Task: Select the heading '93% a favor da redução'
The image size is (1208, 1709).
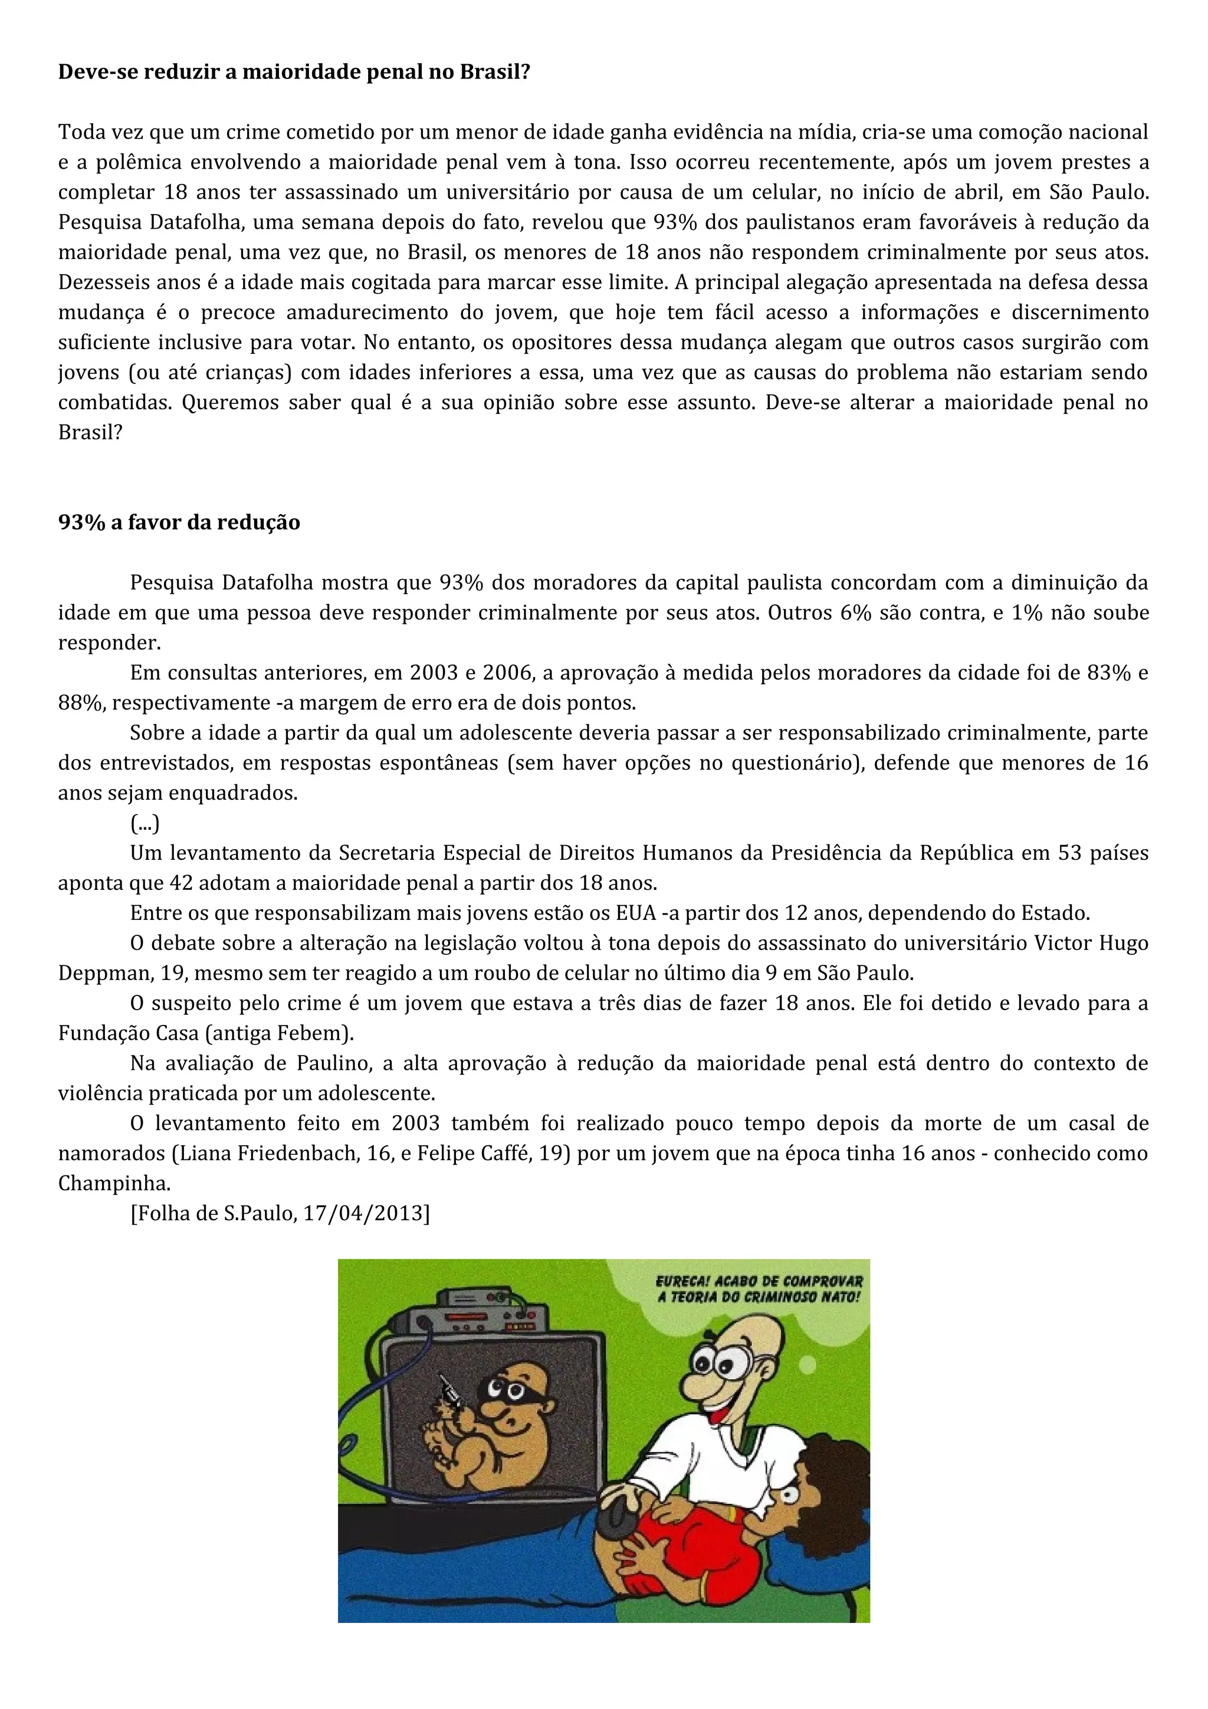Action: click(x=179, y=522)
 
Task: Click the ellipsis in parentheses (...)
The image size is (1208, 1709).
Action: click(x=145, y=823)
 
